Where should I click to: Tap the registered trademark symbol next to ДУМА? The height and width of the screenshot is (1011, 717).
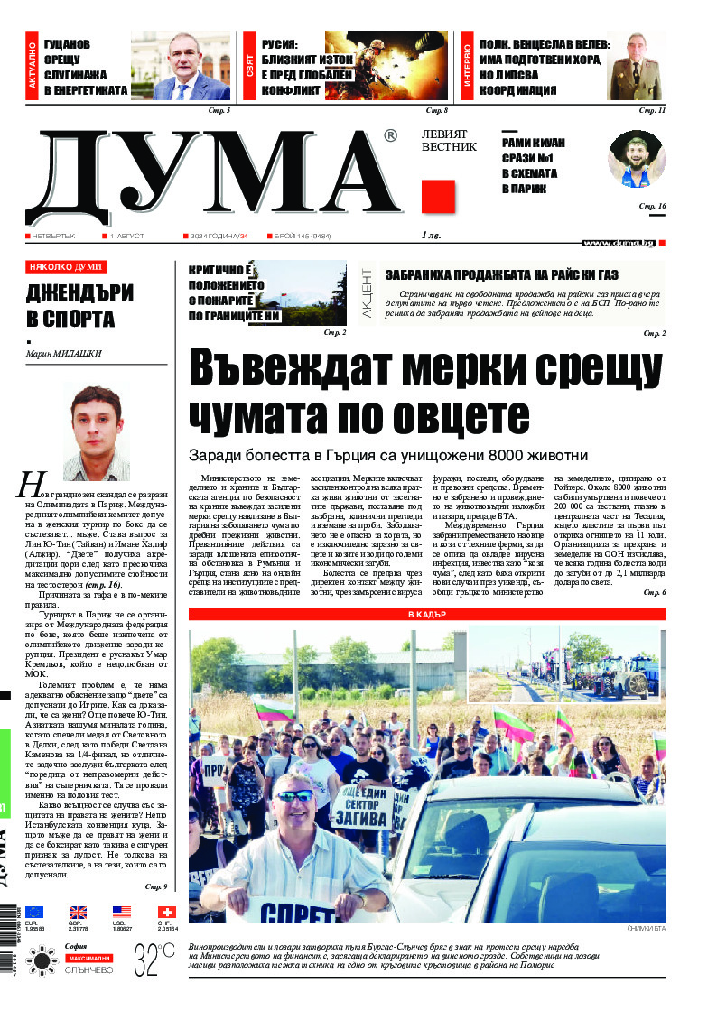[389, 136]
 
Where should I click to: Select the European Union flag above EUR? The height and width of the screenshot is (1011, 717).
[34, 913]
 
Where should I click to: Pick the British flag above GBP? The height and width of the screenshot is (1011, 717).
[78, 913]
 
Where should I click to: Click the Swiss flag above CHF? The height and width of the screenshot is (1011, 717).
[166, 913]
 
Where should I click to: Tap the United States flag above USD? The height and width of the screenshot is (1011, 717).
[122, 913]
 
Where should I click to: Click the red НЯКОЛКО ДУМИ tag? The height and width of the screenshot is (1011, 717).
[66, 267]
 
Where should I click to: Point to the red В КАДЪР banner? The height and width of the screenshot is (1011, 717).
[427, 614]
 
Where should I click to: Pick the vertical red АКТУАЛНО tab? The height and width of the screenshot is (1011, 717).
[33, 68]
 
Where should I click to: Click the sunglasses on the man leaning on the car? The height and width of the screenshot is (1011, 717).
[295, 796]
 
